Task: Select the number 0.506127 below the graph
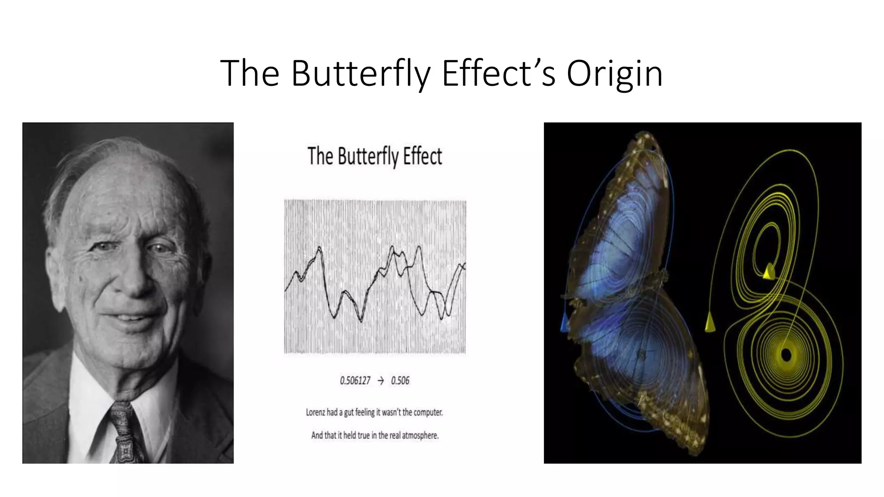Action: [x=355, y=381]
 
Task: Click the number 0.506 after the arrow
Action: [x=400, y=381]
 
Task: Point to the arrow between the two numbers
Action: [x=380, y=381]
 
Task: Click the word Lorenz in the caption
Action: [x=315, y=412]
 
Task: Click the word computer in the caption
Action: [x=428, y=412]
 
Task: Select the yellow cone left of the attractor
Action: [x=709, y=322]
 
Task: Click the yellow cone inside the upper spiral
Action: [x=769, y=272]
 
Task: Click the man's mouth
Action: [x=129, y=318]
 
